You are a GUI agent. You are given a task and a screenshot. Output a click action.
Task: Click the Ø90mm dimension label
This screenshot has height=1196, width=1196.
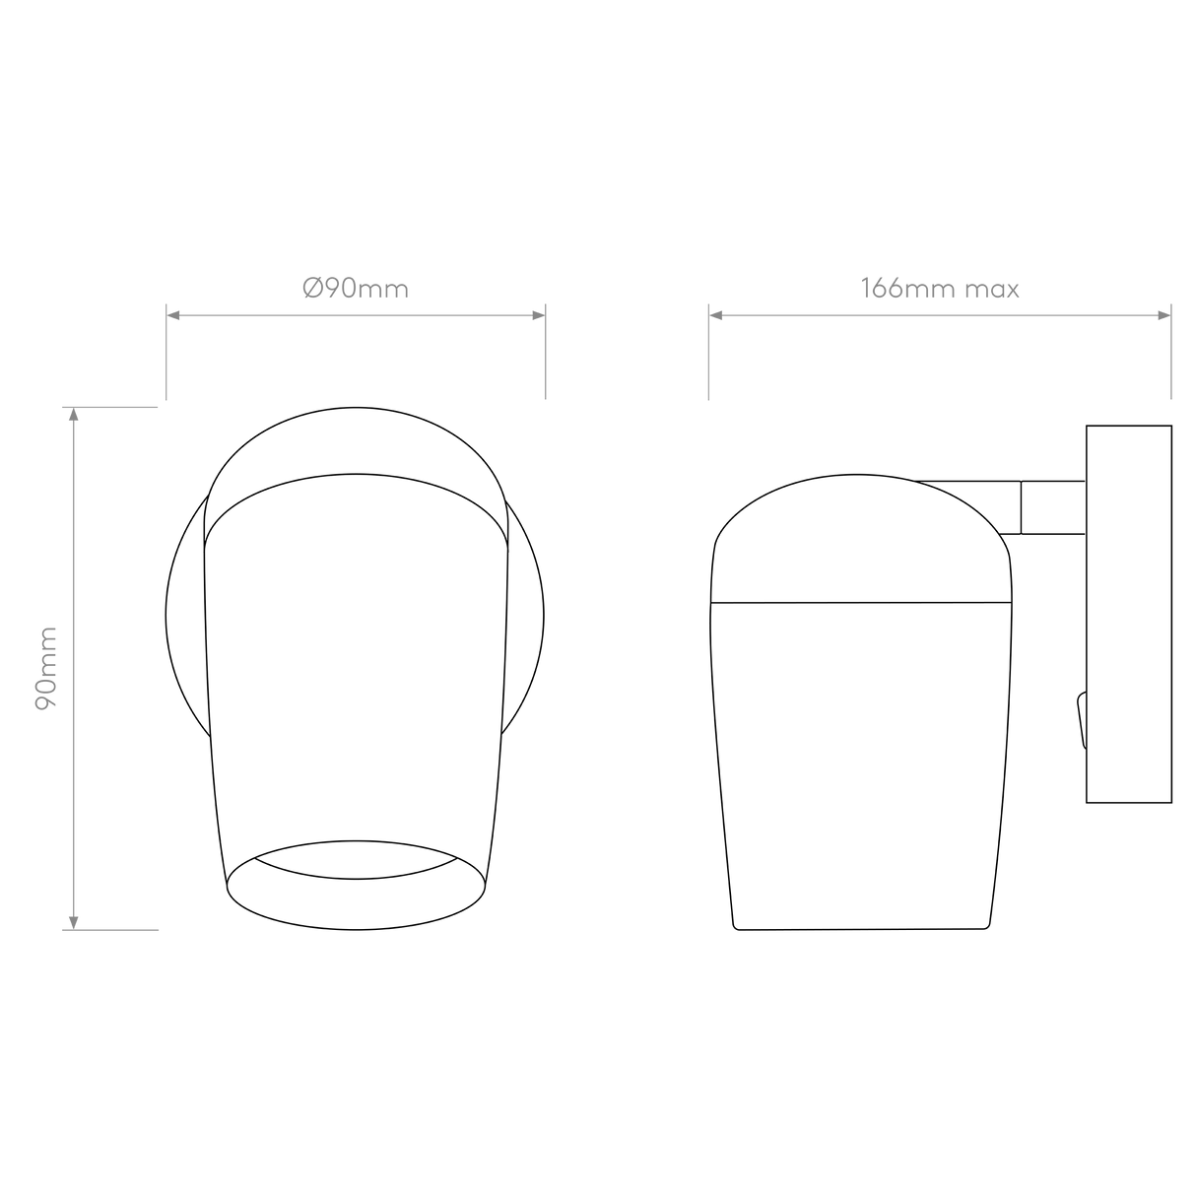tap(355, 290)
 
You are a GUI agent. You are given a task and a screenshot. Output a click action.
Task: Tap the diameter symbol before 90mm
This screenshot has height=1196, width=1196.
tap(309, 290)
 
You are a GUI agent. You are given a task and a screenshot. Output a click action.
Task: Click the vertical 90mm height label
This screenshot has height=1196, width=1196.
tap(47, 667)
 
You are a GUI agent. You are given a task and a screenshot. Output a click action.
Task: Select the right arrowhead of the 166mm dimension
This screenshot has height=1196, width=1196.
tap(1164, 315)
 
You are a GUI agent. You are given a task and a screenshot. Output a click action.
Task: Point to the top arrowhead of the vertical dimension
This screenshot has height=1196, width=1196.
tap(72, 415)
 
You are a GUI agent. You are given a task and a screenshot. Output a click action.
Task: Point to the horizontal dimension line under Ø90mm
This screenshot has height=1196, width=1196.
tap(355, 315)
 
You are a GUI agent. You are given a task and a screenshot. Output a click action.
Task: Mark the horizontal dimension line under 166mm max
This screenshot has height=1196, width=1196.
tap(940, 315)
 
